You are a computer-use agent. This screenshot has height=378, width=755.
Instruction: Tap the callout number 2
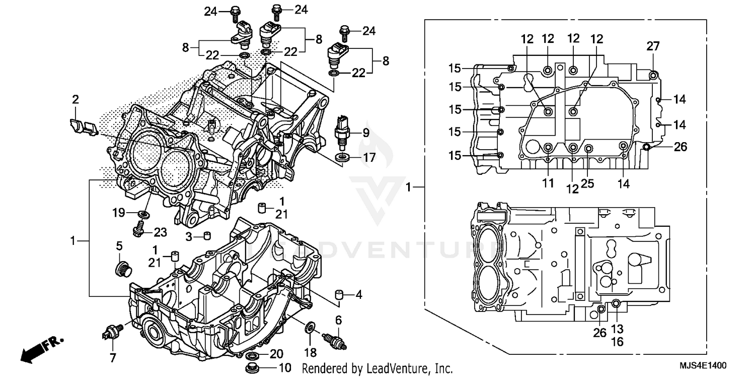click(75, 99)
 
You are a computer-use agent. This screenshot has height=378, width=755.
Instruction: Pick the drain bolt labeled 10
click(252, 366)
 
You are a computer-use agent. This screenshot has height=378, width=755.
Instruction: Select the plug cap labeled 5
click(121, 269)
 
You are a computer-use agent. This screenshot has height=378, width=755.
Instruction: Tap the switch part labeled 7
click(111, 331)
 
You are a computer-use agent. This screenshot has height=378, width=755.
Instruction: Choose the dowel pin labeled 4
click(339, 294)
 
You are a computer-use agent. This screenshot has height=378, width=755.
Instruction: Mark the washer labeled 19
click(143, 215)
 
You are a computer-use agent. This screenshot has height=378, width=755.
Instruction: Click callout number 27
click(653, 46)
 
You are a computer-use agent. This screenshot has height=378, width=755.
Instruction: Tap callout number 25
click(587, 184)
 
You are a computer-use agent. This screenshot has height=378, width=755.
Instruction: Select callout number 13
click(617, 329)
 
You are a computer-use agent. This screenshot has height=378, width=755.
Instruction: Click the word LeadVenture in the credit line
click(393, 368)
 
